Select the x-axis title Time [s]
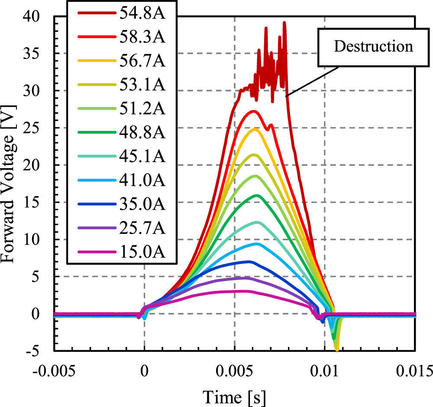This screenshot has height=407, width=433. tap(235, 395)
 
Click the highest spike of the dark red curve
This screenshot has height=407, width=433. tap(284, 23)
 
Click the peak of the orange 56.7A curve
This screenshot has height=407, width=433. tap(255, 129)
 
